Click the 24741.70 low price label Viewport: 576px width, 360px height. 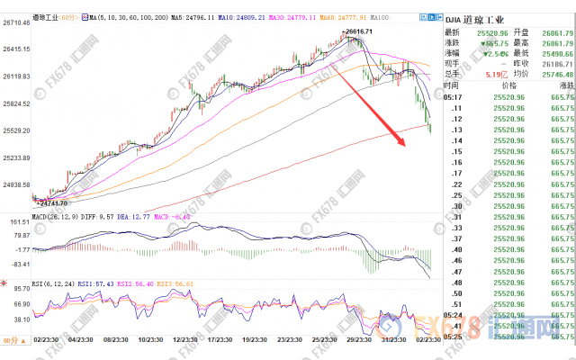[x=51, y=205]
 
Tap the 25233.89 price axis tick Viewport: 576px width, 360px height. [x=16, y=158]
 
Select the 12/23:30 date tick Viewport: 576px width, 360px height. [x=185, y=339]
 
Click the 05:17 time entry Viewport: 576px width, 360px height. [x=453, y=97]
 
